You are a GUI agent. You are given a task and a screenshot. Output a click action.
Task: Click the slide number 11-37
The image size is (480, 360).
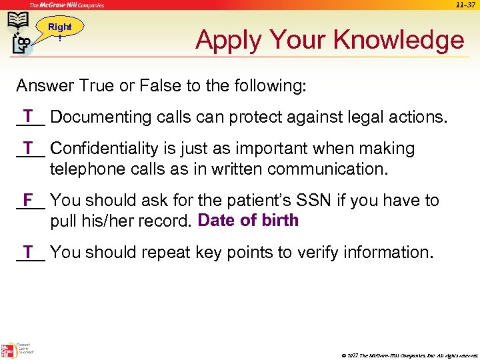465,5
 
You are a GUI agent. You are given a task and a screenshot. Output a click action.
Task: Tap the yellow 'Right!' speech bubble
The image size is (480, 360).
60,31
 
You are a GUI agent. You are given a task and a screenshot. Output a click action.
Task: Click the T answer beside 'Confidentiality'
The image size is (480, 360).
29,147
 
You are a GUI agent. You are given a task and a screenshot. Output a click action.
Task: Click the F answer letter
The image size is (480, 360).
28,199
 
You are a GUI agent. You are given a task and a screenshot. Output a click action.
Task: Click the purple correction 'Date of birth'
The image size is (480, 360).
248,221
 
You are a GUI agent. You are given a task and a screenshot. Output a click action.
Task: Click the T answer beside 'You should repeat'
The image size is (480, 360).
29,251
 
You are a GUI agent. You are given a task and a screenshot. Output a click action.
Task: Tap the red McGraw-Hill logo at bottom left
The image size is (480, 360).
7,351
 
